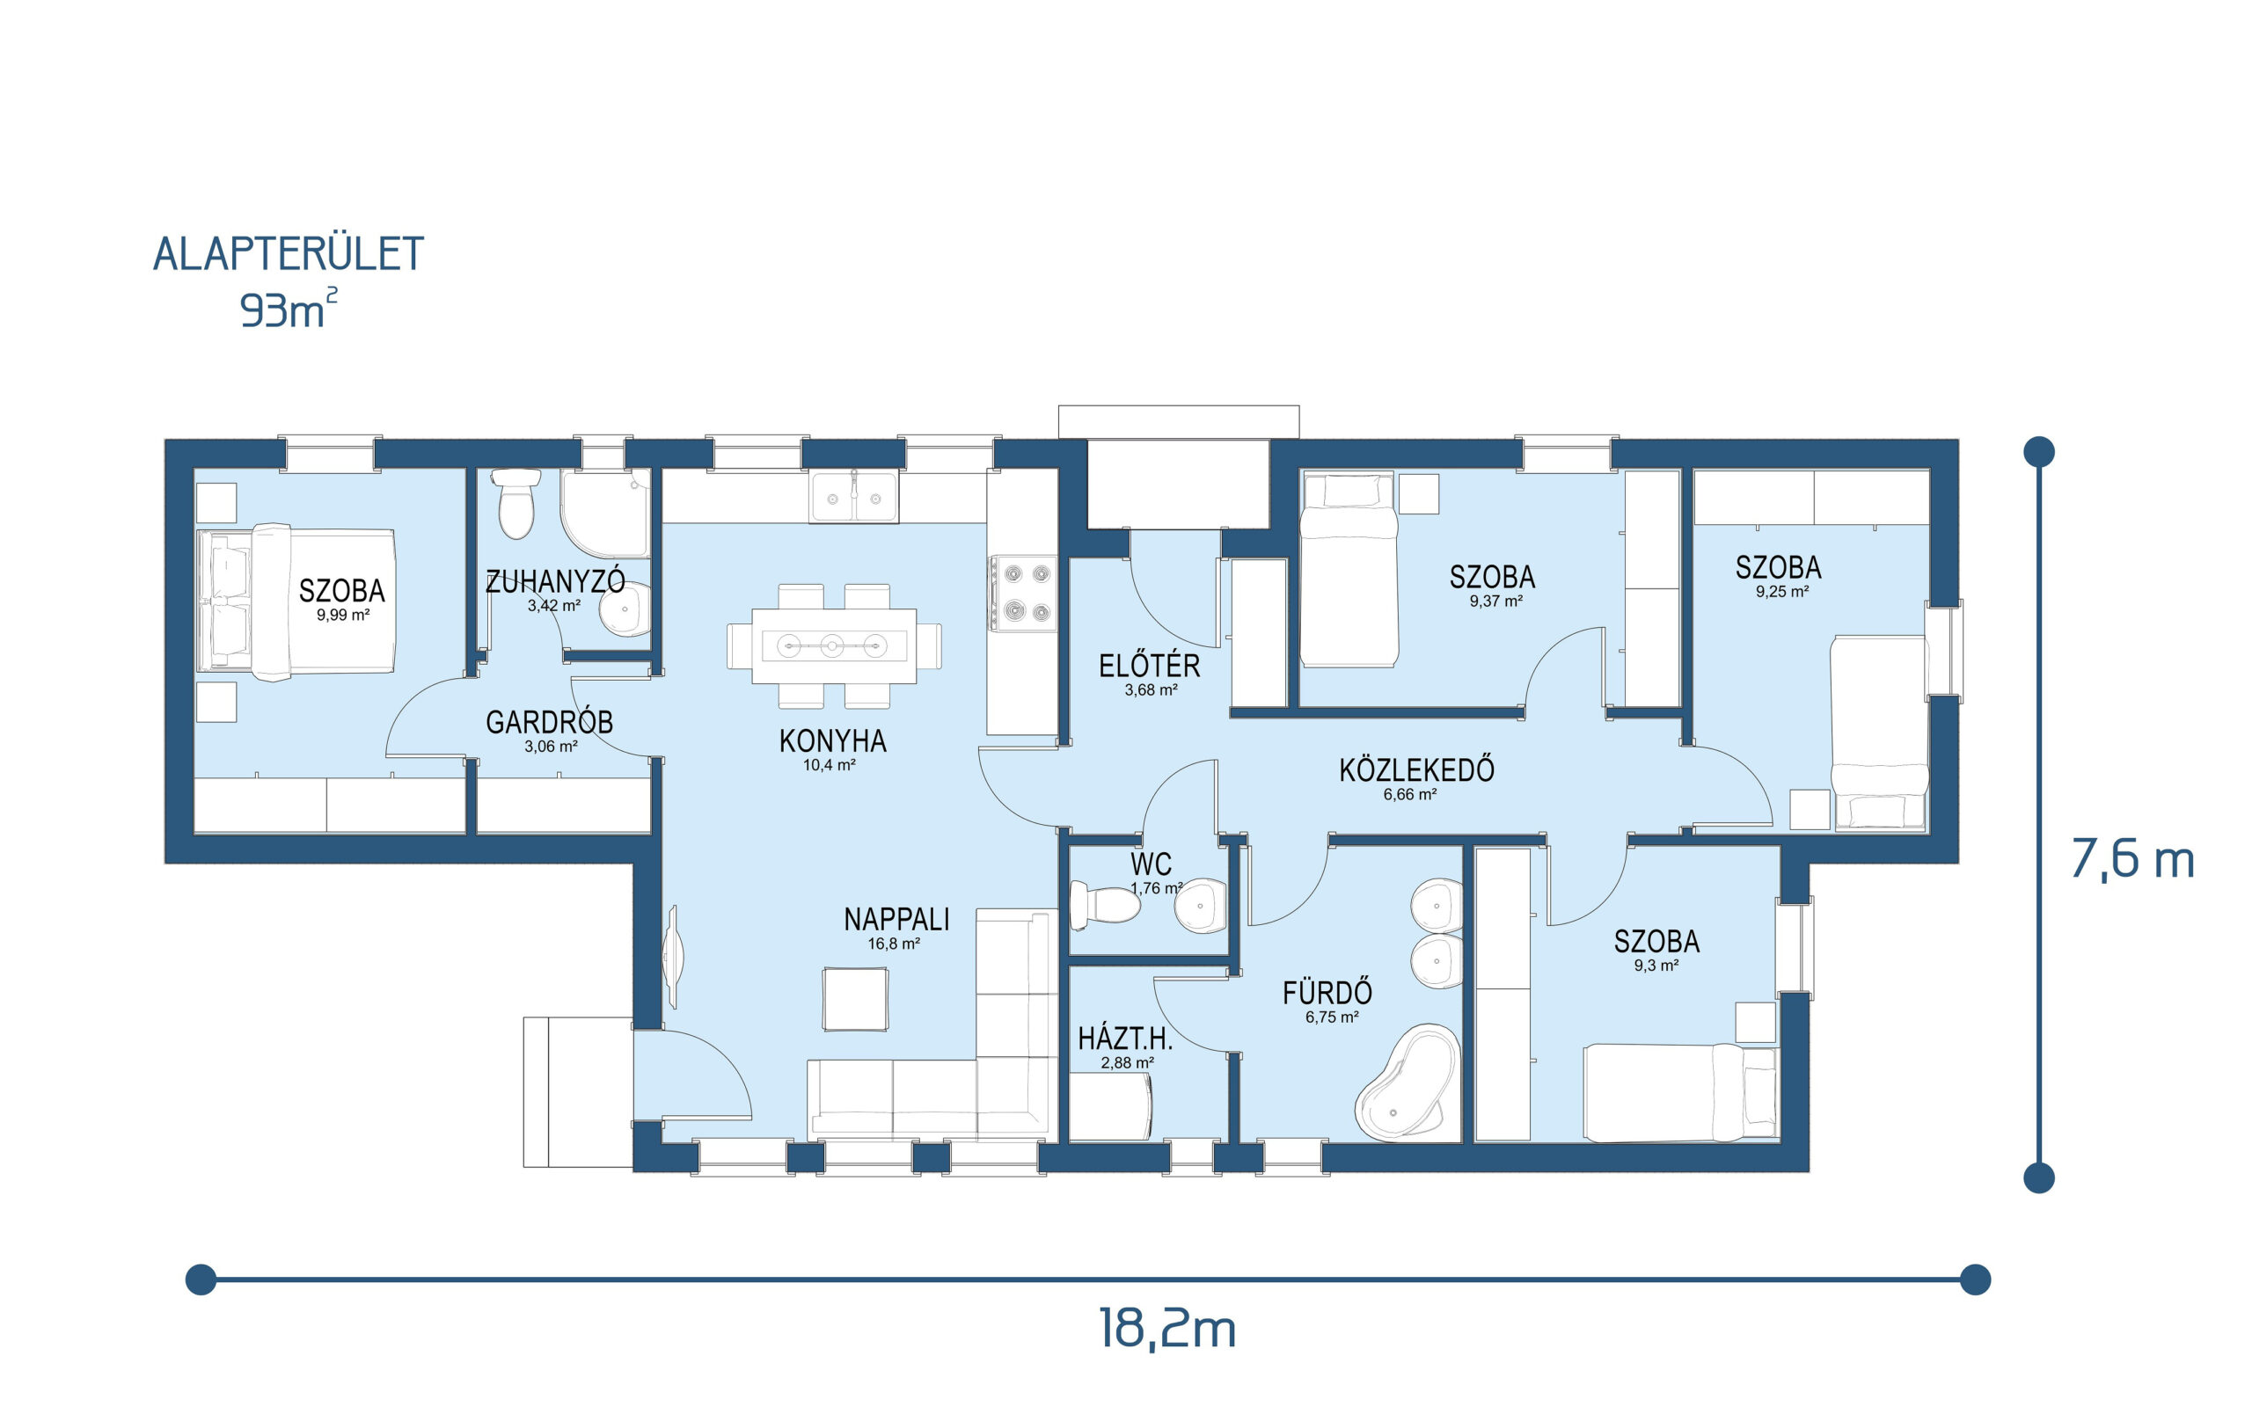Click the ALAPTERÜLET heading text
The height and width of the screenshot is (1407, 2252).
click(x=289, y=254)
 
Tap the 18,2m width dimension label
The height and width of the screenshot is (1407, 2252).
click(x=1167, y=1328)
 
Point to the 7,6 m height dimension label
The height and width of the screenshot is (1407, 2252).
click(x=2133, y=859)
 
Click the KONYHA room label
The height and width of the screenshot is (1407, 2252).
click(x=833, y=740)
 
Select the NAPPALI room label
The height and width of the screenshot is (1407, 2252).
click(x=896, y=920)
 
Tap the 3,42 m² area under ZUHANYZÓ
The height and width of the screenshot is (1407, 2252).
click(x=553, y=606)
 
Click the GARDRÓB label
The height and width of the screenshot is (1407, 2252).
click(x=549, y=722)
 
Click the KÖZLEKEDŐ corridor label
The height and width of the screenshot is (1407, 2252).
click(x=1416, y=769)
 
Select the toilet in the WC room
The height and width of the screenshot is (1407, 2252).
click(x=1105, y=905)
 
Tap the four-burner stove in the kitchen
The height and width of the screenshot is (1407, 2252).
click(x=1023, y=593)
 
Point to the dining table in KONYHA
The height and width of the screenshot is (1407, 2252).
click(x=834, y=645)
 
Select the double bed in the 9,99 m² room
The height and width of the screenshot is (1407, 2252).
click(x=296, y=601)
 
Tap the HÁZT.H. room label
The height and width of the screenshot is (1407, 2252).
click(x=1125, y=1039)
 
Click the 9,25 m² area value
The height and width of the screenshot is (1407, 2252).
click(x=1782, y=592)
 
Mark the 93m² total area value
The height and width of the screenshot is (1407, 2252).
click(x=289, y=309)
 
